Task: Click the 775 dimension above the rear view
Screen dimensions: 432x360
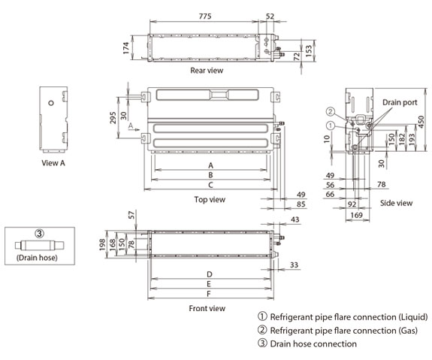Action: [x=205, y=17]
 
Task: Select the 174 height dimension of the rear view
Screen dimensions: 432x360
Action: [x=126, y=47]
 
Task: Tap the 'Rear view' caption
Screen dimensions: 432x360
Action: [x=207, y=71]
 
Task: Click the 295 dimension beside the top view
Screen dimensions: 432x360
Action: [x=113, y=118]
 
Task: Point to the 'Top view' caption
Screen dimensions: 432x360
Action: [x=210, y=199]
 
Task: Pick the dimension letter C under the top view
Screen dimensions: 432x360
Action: [x=210, y=185]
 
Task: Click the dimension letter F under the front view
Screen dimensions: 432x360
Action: [x=209, y=294]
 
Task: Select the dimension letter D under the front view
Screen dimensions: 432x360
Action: [x=210, y=274]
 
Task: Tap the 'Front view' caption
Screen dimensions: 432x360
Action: [x=207, y=308]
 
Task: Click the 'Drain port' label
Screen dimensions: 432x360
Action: [x=400, y=102]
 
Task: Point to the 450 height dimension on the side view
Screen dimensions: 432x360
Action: [x=421, y=122]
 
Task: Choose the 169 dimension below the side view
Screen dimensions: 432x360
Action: [x=356, y=215]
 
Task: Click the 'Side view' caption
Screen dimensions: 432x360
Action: [x=396, y=203]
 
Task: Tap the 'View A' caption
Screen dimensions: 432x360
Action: [x=53, y=163]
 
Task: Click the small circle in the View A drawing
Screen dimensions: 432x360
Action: [x=51, y=103]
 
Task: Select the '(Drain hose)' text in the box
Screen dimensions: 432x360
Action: [x=37, y=258]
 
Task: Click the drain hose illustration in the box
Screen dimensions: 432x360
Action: [x=39, y=245]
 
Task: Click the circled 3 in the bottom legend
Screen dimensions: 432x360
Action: [x=262, y=343]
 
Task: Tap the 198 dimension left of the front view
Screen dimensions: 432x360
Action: [x=102, y=244]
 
